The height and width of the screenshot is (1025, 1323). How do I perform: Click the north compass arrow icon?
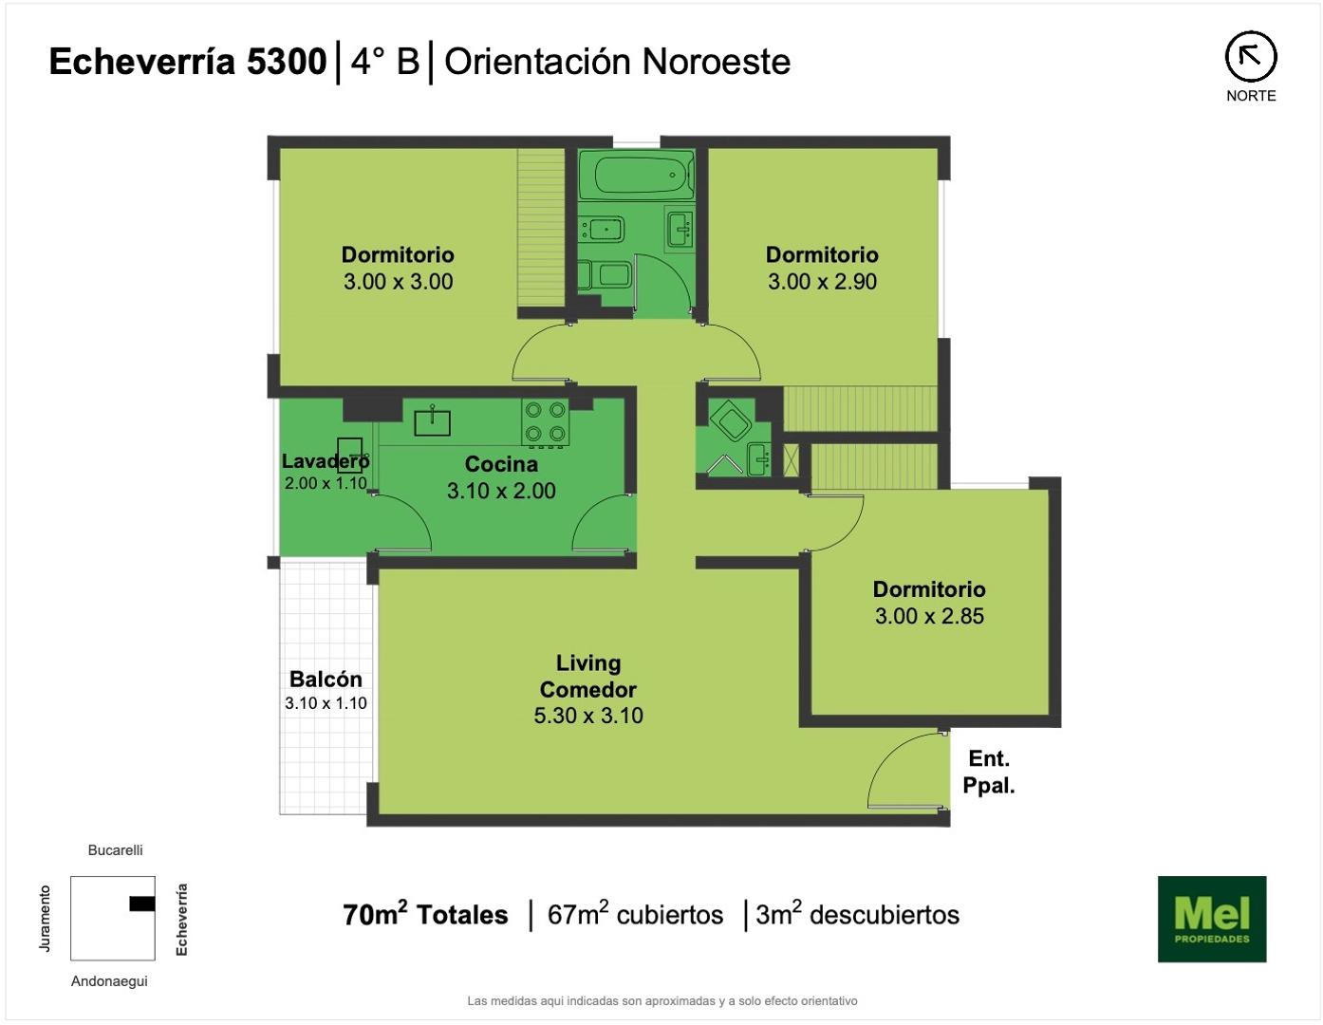(x=1251, y=57)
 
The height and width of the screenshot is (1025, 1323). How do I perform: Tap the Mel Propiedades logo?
(x=1212, y=919)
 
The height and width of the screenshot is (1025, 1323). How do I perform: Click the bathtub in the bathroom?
(x=635, y=175)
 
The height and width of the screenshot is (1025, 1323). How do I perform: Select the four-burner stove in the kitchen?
(x=545, y=422)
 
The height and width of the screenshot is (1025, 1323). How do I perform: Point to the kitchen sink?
(x=432, y=421)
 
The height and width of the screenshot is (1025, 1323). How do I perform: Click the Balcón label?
(x=326, y=679)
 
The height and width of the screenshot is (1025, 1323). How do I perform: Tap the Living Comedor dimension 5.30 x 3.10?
(x=588, y=716)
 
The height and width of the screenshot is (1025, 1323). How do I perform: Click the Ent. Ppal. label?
(x=989, y=772)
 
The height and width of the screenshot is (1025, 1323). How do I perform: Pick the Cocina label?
(x=501, y=464)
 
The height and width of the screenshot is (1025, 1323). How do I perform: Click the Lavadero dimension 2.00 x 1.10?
(x=326, y=483)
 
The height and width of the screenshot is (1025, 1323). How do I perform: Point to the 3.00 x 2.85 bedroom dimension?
(x=929, y=616)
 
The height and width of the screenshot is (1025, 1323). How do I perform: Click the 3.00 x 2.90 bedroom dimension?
(x=822, y=281)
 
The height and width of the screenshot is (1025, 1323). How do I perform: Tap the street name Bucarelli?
(x=115, y=850)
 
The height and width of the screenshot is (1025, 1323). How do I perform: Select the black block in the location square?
(x=141, y=904)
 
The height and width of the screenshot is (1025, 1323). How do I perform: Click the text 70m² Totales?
(x=425, y=914)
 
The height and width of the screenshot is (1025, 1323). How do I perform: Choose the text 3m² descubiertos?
(x=857, y=914)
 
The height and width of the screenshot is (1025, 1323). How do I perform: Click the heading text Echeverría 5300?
(x=188, y=62)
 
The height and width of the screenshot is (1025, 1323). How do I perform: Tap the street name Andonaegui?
(x=109, y=981)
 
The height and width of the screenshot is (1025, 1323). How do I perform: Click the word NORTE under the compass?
(x=1251, y=96)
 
